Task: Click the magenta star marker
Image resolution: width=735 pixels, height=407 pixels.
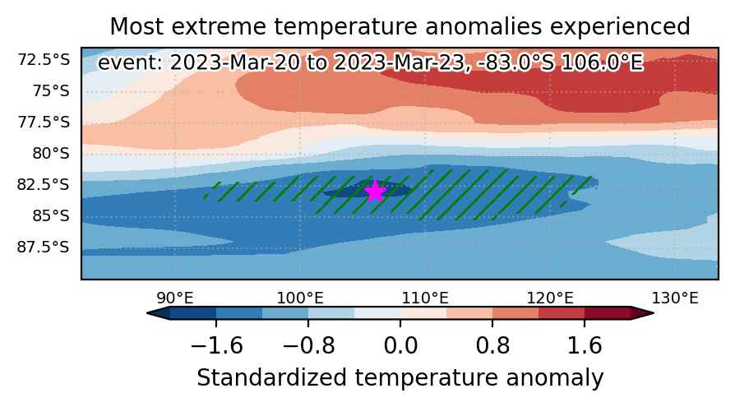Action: pos(375,191)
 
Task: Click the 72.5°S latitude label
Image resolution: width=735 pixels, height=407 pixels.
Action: pos(44,60)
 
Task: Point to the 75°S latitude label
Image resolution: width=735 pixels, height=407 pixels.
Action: pos(51,90)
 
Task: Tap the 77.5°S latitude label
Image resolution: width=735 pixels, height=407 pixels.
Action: pos(44,122)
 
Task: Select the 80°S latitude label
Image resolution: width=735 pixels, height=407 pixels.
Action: pos(51,153)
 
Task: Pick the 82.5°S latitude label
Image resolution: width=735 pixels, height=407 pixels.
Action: pos(44,184)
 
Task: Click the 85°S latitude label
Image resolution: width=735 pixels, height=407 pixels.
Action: pos(51,215)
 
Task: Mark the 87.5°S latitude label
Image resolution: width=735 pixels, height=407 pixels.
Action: pos(44,247)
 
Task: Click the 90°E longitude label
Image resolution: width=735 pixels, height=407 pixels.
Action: pos(175,298)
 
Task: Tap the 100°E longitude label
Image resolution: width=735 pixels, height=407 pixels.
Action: pos(299,298)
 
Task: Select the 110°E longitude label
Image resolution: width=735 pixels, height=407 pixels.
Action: pos(425,298)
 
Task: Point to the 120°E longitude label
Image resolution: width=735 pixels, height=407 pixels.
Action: pos(550,298)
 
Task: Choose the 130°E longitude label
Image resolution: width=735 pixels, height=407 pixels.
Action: pos(675,298)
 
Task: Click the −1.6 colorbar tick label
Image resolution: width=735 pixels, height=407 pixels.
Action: pos(216,346)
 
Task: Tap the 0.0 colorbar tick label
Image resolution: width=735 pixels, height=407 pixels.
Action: pos(400,346)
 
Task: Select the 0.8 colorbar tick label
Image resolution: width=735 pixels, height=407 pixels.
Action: pos(492,346)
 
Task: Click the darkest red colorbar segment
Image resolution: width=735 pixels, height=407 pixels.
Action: pos(608,313)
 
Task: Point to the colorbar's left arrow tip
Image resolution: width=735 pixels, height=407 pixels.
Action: pos(147,313)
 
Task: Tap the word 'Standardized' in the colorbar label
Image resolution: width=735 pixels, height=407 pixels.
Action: pos(272,378)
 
